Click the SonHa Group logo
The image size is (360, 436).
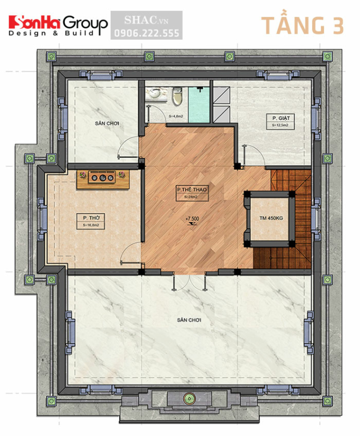tap(58, 24)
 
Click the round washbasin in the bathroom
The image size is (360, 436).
tap(158, 94)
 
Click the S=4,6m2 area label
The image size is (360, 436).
tap(176, 116)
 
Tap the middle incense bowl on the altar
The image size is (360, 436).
tap(102, 177)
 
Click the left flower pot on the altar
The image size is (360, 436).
tap(83, 175)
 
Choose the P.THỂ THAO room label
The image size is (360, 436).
tap(192, 190)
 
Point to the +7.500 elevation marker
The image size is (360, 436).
tap(192, 219)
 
